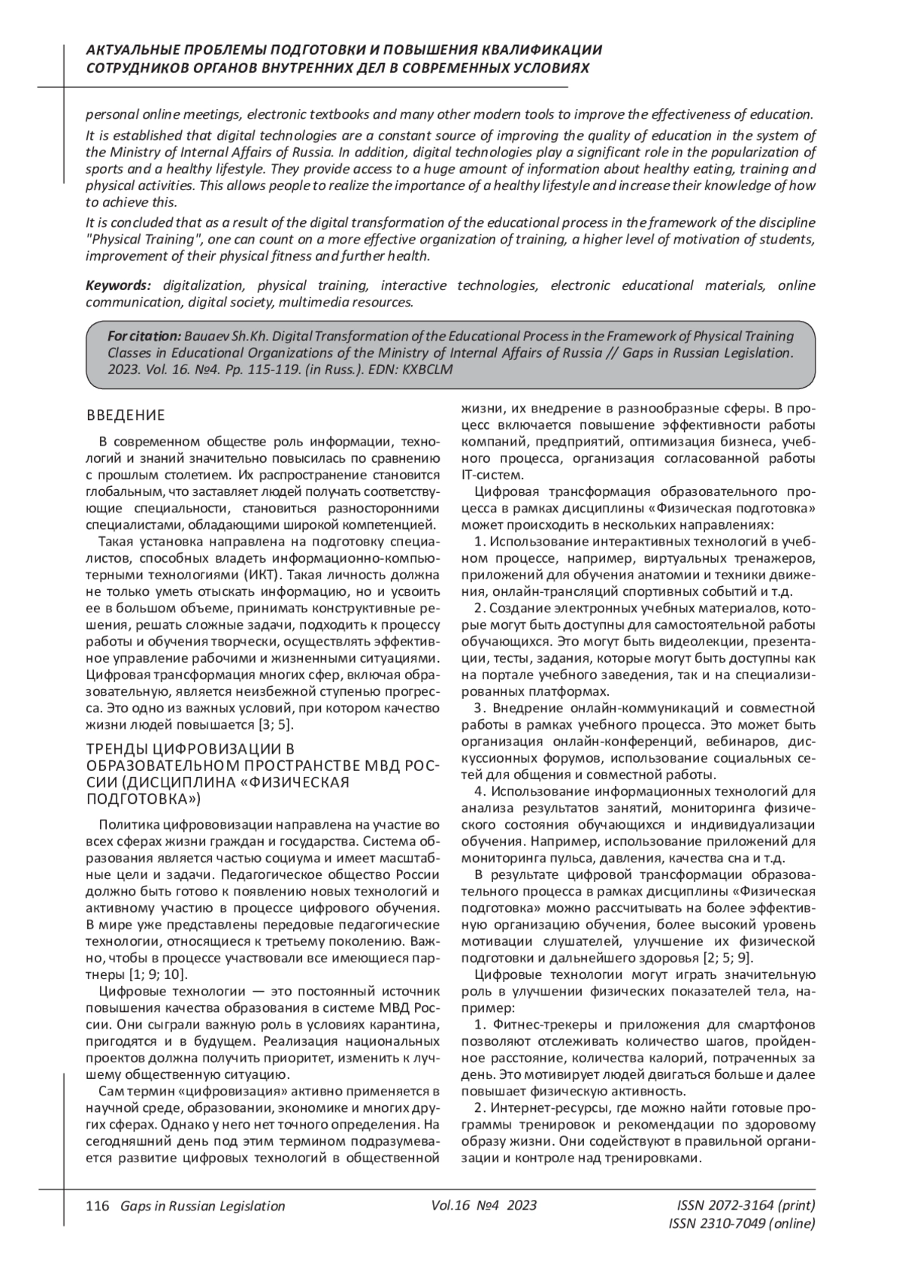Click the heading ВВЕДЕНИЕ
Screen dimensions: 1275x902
coord(126,415)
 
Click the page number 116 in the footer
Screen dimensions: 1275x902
coord(97,1206)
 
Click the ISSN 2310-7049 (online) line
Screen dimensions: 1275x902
coord(741,1224)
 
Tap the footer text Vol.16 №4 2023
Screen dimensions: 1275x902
coord(484,1205)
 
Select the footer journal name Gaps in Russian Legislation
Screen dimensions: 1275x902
coord(202,1206)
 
